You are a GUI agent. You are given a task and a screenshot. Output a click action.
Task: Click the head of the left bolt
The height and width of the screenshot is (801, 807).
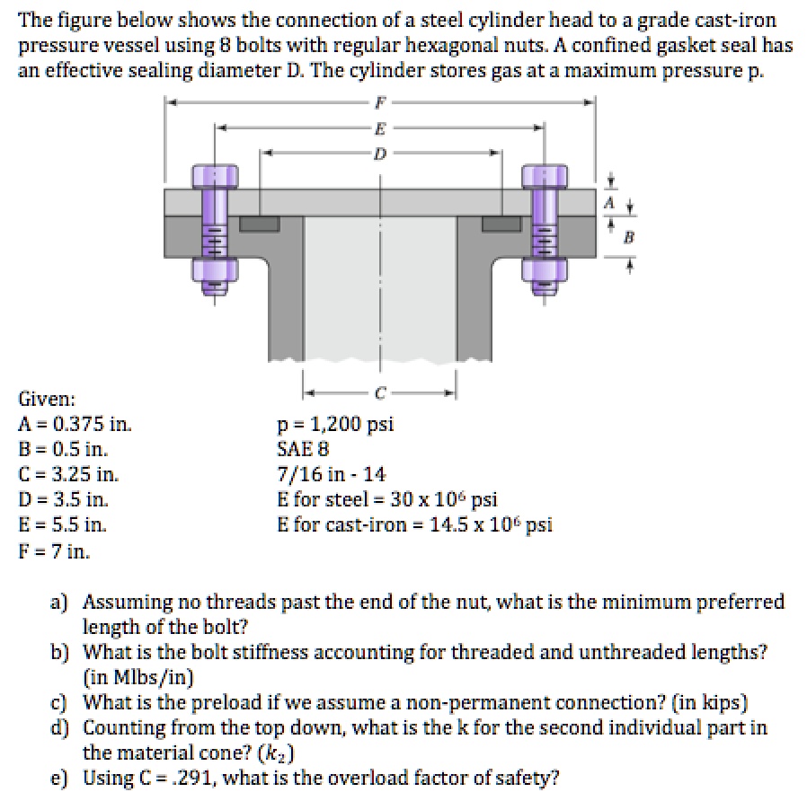(214, 175)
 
